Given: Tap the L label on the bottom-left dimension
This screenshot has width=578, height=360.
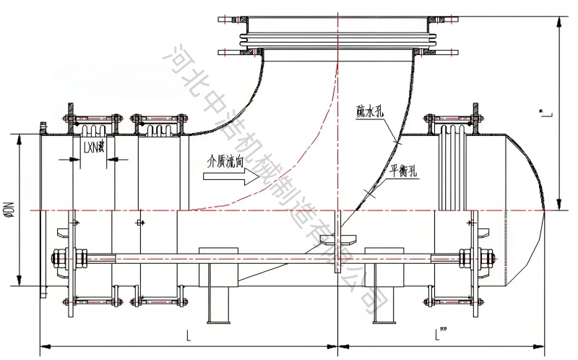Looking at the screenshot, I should click(189, 335).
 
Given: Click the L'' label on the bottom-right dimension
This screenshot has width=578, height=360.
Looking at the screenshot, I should click(442, 334).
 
